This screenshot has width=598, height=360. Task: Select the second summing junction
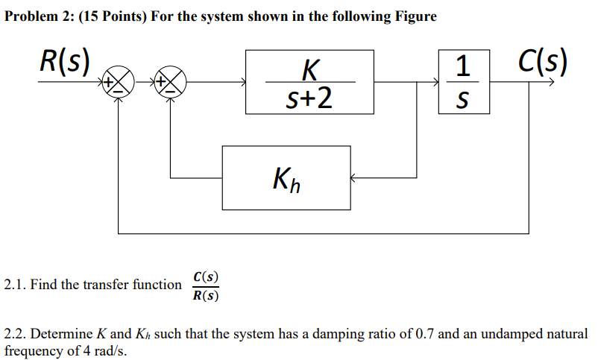click(x=171, y=82)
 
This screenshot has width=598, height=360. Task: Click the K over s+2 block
click(x=309, y=82)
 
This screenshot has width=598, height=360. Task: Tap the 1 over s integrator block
click(x=464, y=82)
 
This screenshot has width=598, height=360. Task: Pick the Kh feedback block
click(x=286, y=177)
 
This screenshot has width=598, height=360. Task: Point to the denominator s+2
click(x=310, y=98)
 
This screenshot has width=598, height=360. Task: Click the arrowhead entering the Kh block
click(x=354, y=178)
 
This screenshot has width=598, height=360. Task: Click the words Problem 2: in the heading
click(x=37, y=16)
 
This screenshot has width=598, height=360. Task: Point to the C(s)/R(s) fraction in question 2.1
click(x=205, y=285)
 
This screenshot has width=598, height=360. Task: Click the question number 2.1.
click(x=14, y=285)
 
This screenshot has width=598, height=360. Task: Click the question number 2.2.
click(x=14, y=334)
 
